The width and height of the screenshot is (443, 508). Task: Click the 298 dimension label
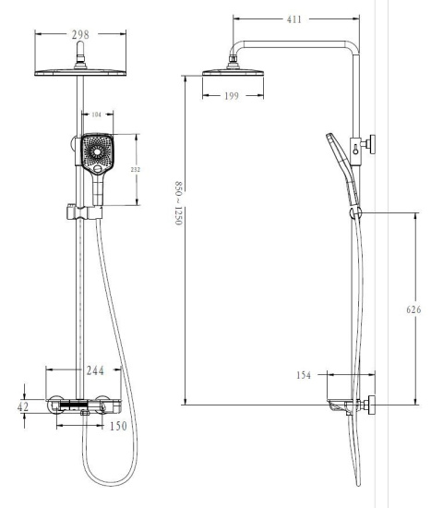pyautogui.click(x=82, y=34)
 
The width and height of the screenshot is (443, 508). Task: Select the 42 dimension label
pyautogui.click(x=23, y=406)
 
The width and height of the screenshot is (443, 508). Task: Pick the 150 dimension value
pyautogui.click(x=117, y=427)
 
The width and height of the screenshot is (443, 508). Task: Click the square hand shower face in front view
pyautogui.click(x=96, y=153)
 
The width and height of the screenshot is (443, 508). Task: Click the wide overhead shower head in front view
pyautogui.click(x=81, y=73)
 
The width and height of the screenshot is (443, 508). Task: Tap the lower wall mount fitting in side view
pyautogui.click(x=370, y=404)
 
